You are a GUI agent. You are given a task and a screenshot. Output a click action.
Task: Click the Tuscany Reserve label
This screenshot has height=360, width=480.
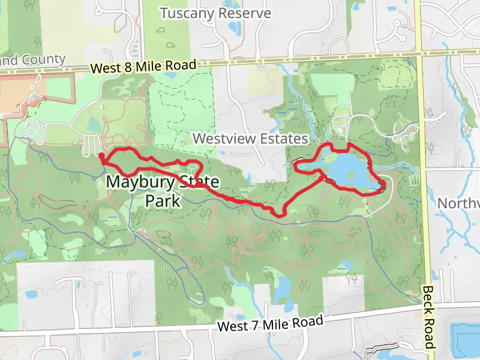[215, 13]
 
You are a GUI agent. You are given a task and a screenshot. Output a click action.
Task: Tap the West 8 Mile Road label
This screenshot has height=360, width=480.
[144, 67]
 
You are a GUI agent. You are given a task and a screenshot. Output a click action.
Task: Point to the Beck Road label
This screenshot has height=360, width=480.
[428, 316]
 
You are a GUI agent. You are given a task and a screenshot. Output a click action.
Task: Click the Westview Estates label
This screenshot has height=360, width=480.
[250, 139]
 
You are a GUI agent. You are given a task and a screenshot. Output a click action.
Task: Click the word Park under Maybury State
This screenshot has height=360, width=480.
[163, 200]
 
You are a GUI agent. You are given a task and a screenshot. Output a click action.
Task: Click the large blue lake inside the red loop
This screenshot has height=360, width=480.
[347, 170]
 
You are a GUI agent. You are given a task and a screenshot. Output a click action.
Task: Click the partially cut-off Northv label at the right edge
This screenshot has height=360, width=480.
[459, 203]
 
